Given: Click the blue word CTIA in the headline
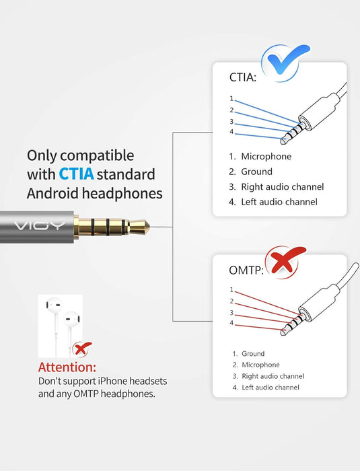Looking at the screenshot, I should [x=75, y=174].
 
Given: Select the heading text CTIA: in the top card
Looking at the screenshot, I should [x=244, y=78].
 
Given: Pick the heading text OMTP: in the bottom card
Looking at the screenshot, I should [x=246, y=270].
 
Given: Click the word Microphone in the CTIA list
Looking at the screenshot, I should [x=266, y=157].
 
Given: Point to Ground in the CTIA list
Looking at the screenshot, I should [x=256, y=172].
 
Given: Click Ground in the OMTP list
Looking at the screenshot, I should [x=253, y=354].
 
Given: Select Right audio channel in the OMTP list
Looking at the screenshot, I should [x=273, y=376].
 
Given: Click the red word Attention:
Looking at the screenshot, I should [x=67, y=367].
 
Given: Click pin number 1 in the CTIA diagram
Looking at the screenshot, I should [x=231, y=99].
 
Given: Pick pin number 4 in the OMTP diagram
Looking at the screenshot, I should [x=231, y=323].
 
